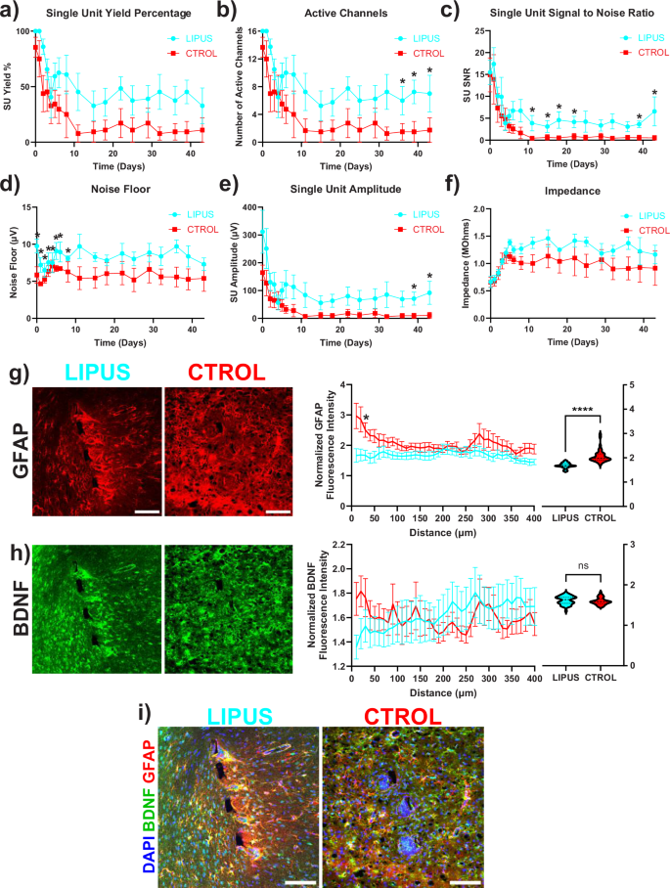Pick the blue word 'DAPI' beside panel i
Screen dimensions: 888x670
pyautogui.click(x=147, y=851)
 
